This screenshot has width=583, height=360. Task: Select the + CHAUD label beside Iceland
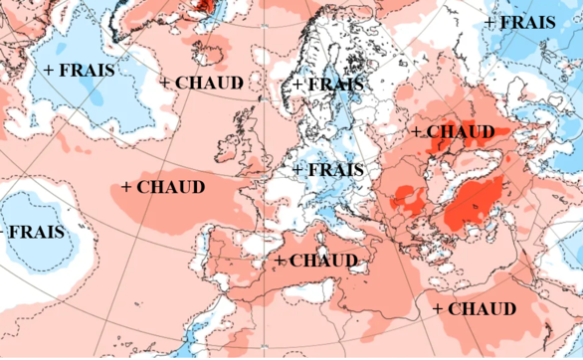tap(201, 83)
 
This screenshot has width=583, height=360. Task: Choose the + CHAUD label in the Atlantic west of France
tap(163, 187)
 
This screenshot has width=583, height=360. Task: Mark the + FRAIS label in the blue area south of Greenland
tap(80, 71)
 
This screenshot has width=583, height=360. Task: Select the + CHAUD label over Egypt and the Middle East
tap(476, 309)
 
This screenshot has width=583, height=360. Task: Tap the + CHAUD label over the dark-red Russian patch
tap(453, 132)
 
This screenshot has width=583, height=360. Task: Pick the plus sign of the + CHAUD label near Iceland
tap(165, 83)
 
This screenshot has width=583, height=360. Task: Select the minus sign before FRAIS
tap(3, 233)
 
